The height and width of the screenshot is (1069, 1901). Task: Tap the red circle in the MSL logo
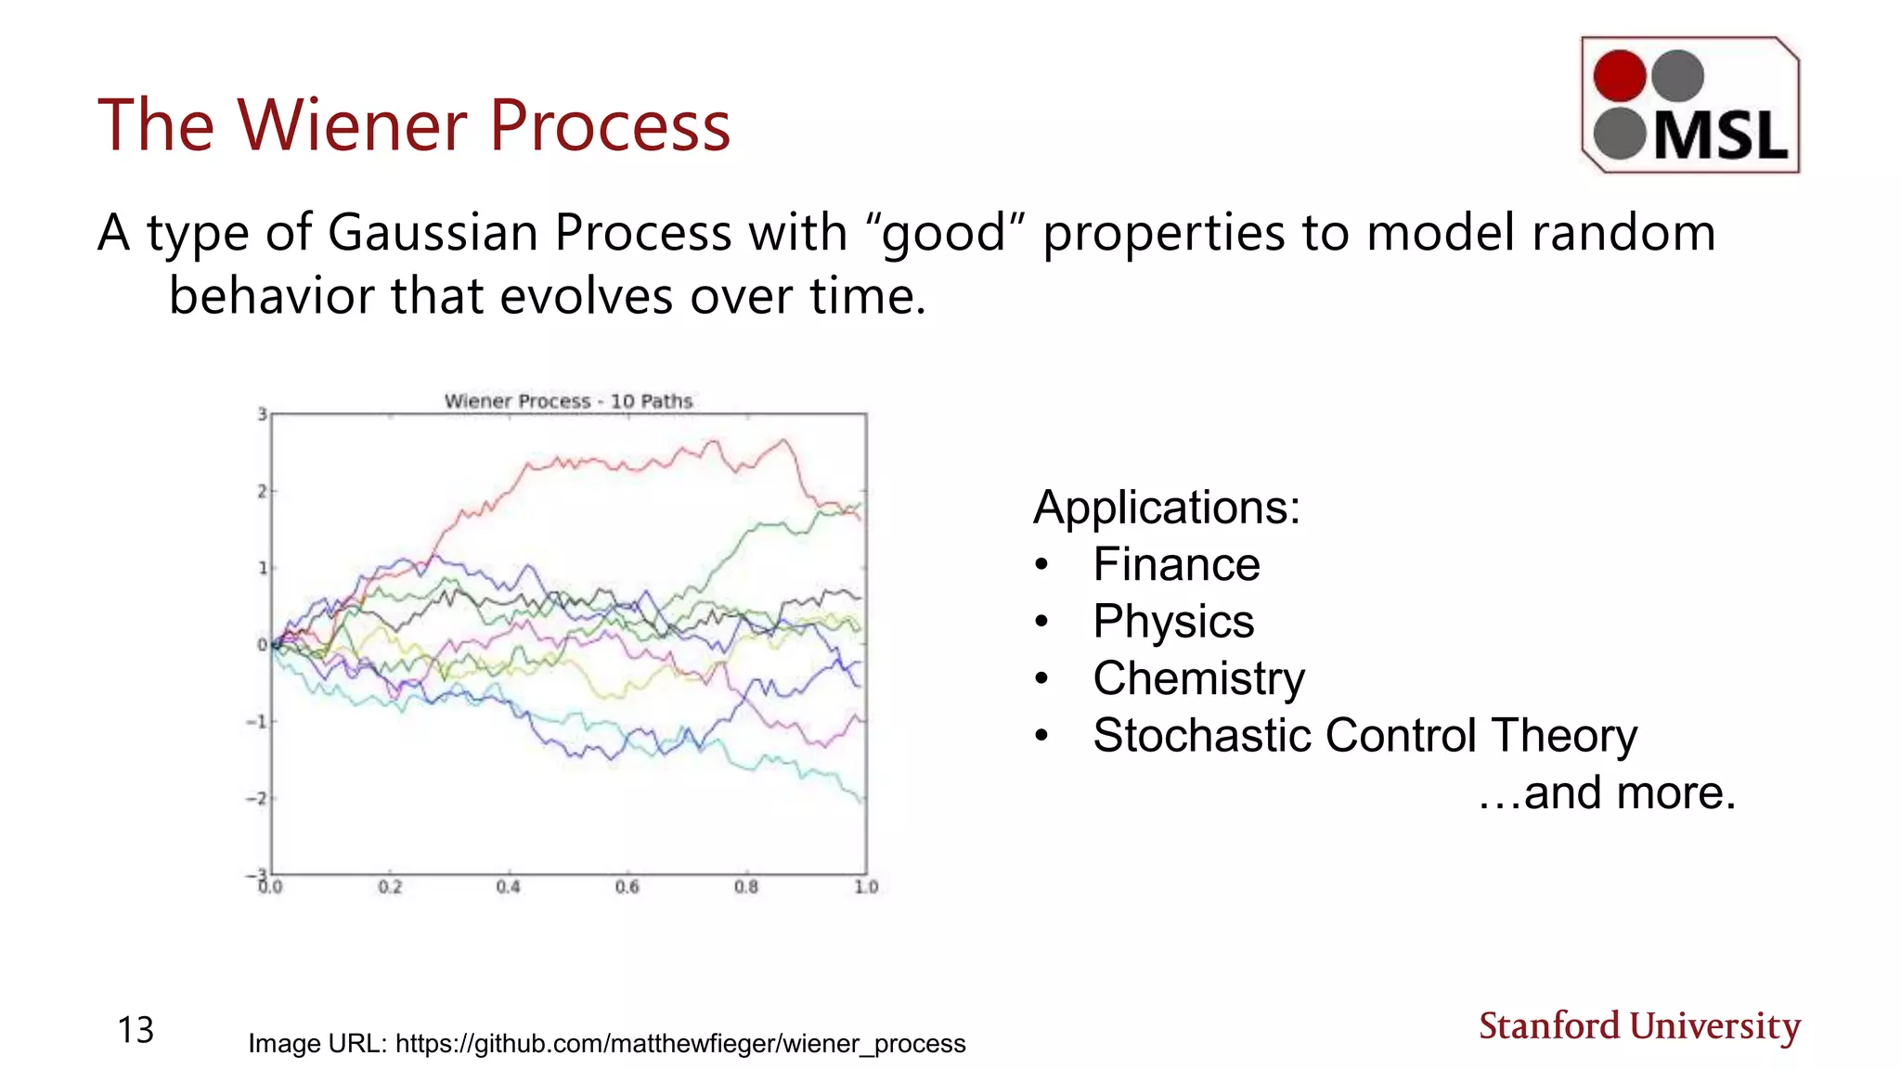point(1620,75)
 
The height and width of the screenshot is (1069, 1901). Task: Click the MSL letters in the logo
point(1720,135)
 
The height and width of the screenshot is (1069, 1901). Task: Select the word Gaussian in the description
point(434,232)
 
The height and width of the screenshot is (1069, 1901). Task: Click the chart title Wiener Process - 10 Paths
point(568,401)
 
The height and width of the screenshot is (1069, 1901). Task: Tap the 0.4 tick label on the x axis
point(508,887)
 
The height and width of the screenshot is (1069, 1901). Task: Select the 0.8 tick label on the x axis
point(746,887)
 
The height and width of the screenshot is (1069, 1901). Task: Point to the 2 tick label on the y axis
point(262,491)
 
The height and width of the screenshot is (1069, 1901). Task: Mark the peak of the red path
point(784,440)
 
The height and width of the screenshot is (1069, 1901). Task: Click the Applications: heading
point(1167,508)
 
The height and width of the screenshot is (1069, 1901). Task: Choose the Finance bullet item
point(1176,564)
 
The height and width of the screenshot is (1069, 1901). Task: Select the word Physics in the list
point(1173,622)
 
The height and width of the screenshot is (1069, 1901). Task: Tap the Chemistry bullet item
point(1198,678)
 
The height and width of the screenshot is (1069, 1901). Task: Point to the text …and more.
point(1607,793)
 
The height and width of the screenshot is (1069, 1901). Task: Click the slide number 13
point(136,1030)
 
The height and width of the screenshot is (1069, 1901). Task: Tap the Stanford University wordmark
point(1639,1026)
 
